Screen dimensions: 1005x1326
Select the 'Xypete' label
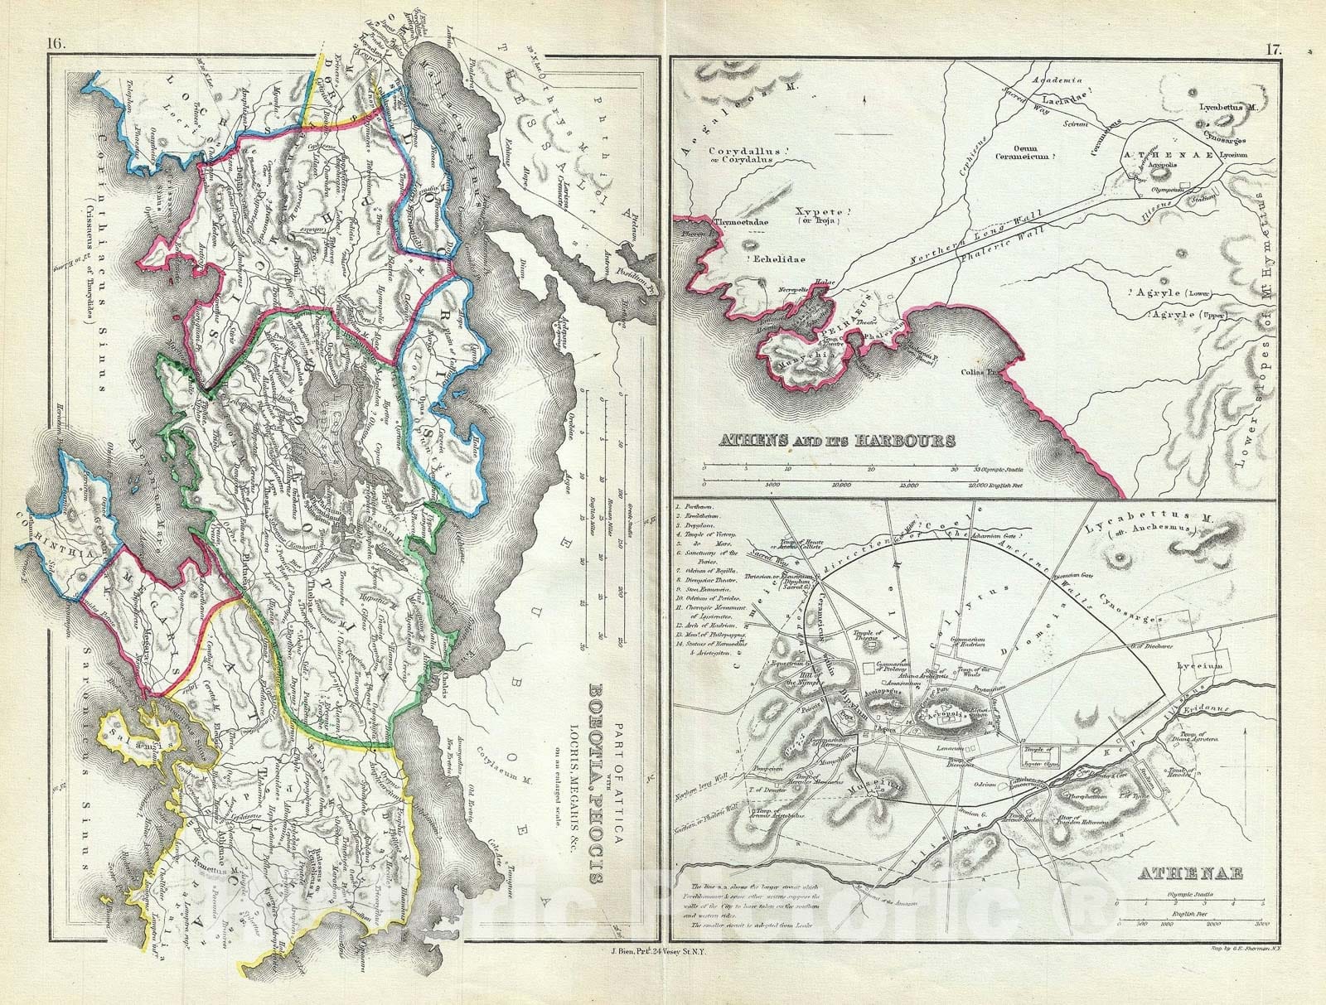click(x=806, y=211)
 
